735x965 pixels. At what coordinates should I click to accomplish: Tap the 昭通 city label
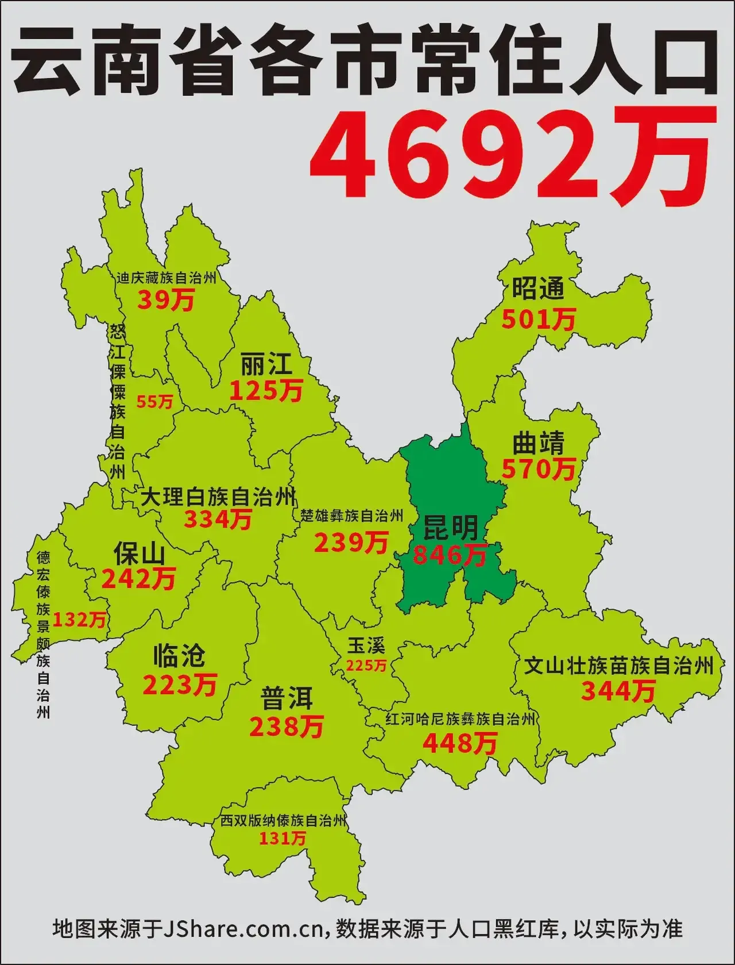pyautogui.click(x=538, y=289)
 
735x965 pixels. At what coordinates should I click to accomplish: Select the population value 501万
pyautogui.click(x=538, y=319)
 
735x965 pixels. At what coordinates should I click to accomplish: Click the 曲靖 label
pyautogui.click(x=538, y=444)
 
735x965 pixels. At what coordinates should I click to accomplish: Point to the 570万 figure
pyautogui.click(x=538, y=470)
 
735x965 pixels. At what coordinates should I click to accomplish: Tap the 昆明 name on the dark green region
pyautogui.click(x=450, y=528)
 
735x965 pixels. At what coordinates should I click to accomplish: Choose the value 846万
pyautogui.click(x=450, y=555)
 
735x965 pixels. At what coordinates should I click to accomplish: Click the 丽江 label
pyautogui.click(x=266, y=364)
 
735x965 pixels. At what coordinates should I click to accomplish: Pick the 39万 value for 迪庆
pyautogui.click(x=166, y=300)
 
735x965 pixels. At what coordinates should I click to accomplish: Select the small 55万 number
pyautogui.click(x=154, y=402)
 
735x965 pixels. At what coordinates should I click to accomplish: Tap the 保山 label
pyautogui.click(x=139, y=554)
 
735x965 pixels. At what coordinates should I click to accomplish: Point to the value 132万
pyautogui.click(x=79, y=620)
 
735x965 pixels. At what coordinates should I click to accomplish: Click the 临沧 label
pyautogui.click(x=179, y=655)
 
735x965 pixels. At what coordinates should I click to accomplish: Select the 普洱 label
pyautogui.click(x=287, y=699)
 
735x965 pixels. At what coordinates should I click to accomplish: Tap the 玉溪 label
pyautogui.click(x=366, y=645)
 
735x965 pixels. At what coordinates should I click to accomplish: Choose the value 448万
pyautogui.click(x=459, y=744)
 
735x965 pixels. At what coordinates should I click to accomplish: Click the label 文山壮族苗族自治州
pyautogui.click(x=618, y=666)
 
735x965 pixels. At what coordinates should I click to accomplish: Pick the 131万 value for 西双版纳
pyautogui.click(x=282, y=838)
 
